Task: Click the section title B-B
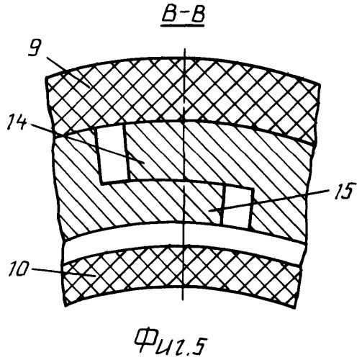coord(183,15)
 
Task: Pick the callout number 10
coord(19,270)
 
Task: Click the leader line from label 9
coord(68,73)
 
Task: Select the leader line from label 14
coord(87,143)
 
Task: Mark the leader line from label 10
coord(63,272)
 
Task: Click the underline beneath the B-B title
coord(183,25)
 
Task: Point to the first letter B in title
coord(171,15)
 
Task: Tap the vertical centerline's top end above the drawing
coord(184,49)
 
